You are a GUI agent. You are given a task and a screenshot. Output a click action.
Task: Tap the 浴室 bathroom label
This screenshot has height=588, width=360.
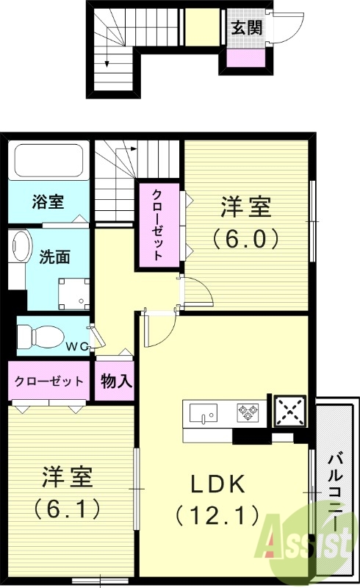tap(47, 201)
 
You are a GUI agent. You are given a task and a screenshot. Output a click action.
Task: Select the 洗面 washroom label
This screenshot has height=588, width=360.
tap(55, 257)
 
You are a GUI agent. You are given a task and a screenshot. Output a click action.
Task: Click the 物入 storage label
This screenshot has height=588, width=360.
tap(116, 381)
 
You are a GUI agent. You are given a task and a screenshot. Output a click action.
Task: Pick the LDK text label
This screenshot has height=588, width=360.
tap(217, 484)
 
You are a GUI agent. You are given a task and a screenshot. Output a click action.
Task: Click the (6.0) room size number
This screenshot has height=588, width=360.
tap(246, 237)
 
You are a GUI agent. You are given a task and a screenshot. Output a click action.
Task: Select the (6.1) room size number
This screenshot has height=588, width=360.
tap(67, 507)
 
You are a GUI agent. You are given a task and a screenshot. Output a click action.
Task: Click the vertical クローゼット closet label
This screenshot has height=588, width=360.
tap(157, 225)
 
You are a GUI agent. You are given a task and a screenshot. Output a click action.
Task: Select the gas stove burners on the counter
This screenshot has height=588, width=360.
tap(248, 412)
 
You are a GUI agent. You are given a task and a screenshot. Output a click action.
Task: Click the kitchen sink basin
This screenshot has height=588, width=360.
tap(204, 413)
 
